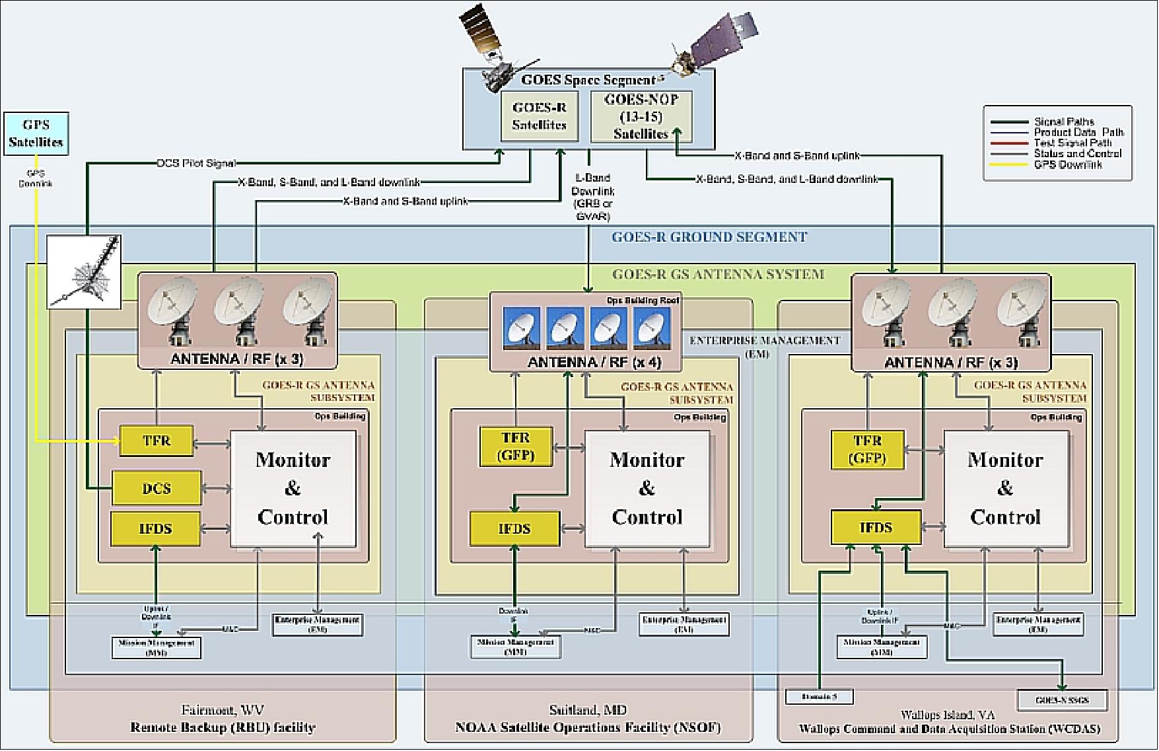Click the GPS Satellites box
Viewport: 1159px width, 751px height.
click(36, 133)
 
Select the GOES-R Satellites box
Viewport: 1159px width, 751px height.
click(539, 116)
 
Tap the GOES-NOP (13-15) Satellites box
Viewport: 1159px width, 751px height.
click(641, 116)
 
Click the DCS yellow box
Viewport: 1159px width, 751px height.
click(156, 489)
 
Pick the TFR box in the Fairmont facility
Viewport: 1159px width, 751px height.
click(157, 441)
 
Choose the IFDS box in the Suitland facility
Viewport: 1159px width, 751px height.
click(514, 528)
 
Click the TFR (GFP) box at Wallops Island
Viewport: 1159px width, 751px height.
click(867, 448)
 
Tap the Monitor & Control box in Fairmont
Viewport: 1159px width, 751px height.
click(293, 489)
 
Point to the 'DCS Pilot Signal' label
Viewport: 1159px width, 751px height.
click(196, 163)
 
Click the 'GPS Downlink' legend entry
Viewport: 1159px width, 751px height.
click(1067, 165)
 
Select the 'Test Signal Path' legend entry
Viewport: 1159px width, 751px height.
click(1072, 143)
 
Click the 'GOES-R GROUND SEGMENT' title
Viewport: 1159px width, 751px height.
click(709, 237)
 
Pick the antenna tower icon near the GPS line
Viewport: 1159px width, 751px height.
click(85, 271)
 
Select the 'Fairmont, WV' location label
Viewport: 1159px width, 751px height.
click(222, 710)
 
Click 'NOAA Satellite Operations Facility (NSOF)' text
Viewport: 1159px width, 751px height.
click(588, 728)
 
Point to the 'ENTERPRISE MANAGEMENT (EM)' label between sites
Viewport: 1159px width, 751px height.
click(764, 346)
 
